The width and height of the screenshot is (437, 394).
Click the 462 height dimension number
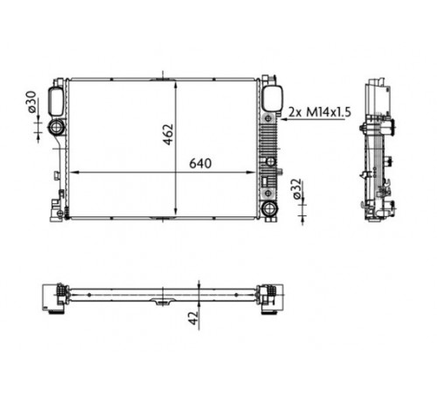click(168, 135)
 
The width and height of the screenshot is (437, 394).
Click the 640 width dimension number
click(200, 164)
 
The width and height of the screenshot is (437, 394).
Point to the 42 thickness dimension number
click(193, 318)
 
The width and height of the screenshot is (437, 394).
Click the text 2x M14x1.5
click(320, 112)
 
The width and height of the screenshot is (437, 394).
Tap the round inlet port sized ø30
click(56, 127)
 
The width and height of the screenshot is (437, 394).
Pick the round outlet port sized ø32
click(269, 208)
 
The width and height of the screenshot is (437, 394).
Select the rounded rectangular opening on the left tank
click(56, 102)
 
